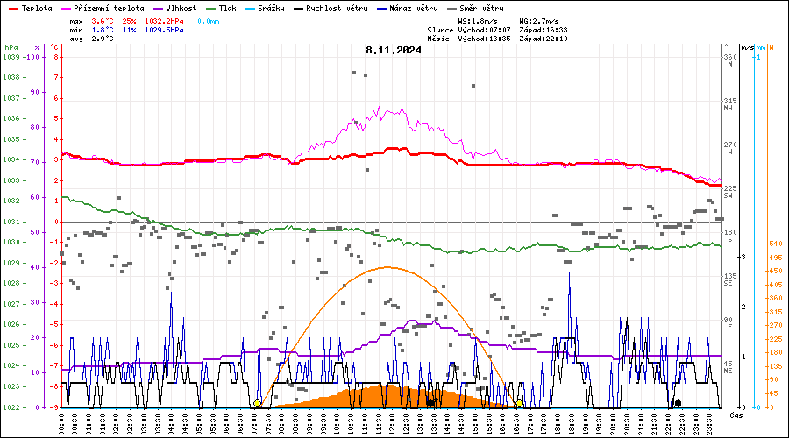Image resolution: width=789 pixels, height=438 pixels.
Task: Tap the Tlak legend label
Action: click(x=227, y=8)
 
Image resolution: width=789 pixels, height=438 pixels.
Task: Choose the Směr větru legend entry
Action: click(x=481, y=8)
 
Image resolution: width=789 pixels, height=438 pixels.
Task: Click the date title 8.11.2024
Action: click(x=394, y=50)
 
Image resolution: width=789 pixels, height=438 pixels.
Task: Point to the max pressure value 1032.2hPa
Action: click(x=165, y=20)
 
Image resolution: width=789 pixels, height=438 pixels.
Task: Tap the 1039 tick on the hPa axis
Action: click(x=11, y=57)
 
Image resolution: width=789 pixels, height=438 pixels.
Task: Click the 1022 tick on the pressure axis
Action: click(x=11, y=407)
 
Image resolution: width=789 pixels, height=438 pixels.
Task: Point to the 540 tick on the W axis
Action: click(x=775, y=244)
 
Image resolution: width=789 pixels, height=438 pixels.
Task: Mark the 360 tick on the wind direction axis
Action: click(x=729, y=57)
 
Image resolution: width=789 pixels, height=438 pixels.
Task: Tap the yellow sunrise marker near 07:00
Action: click(x=257, y=404)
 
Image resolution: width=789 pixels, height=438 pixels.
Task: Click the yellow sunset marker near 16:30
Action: click(x=519, y=404)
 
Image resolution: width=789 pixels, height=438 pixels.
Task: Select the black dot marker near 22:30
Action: click(x=678, y=403)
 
